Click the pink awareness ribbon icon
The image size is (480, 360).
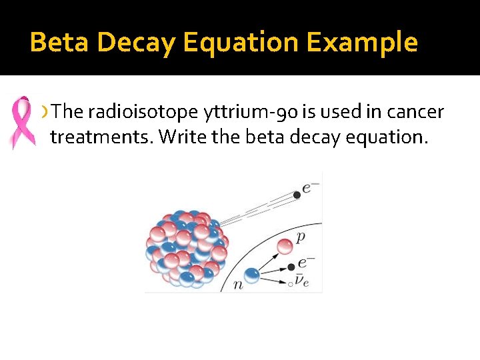[x=22, y=122]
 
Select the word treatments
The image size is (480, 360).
[x=101, y=137]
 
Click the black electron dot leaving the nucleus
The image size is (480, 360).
[x=297, y=195]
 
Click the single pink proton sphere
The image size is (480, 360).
[x=285, y=246]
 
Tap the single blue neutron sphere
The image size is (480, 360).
[x=251, y=274]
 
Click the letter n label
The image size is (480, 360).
[x=238, y=285]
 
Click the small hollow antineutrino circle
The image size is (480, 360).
[x=290, y=283]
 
